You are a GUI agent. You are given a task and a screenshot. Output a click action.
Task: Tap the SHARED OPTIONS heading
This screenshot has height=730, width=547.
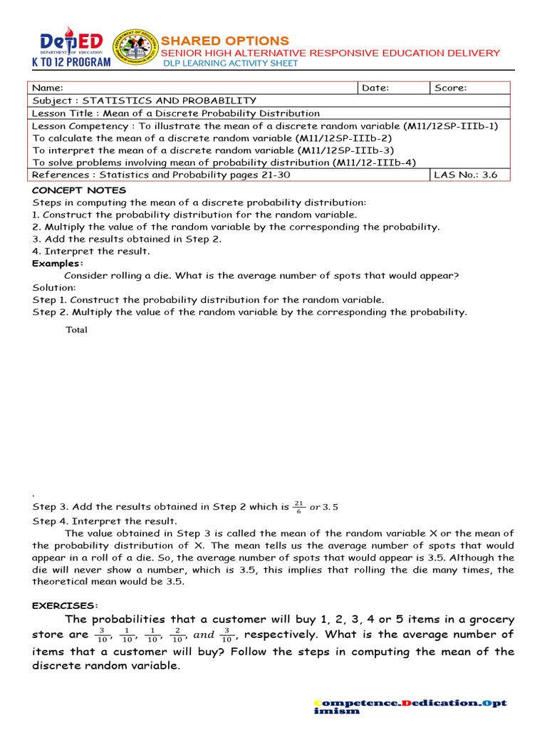(225, 41)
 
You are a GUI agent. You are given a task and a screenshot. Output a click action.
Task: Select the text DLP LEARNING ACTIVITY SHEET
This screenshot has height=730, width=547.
(231, 63)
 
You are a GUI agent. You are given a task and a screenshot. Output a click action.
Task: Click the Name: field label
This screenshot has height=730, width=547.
(48, 88)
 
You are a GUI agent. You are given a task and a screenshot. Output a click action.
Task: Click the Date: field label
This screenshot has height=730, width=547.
(375, 88)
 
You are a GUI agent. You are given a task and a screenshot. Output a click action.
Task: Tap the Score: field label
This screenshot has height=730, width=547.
(450, 88)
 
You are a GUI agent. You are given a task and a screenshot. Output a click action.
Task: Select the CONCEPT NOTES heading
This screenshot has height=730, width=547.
(79, 190)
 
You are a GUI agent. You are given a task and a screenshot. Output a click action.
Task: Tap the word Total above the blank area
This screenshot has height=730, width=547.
(76, 330)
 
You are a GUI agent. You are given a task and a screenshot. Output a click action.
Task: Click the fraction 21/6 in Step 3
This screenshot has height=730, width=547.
(298, 507)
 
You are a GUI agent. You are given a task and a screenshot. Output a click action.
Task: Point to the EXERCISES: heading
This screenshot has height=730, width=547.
(65, 605)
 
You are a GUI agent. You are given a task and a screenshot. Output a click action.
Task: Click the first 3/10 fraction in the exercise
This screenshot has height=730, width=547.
(103, 635)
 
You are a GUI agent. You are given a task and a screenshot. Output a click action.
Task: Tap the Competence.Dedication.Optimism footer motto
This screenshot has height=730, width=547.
(410, 706)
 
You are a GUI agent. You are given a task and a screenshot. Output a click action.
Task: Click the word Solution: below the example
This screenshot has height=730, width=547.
(53, 287)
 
